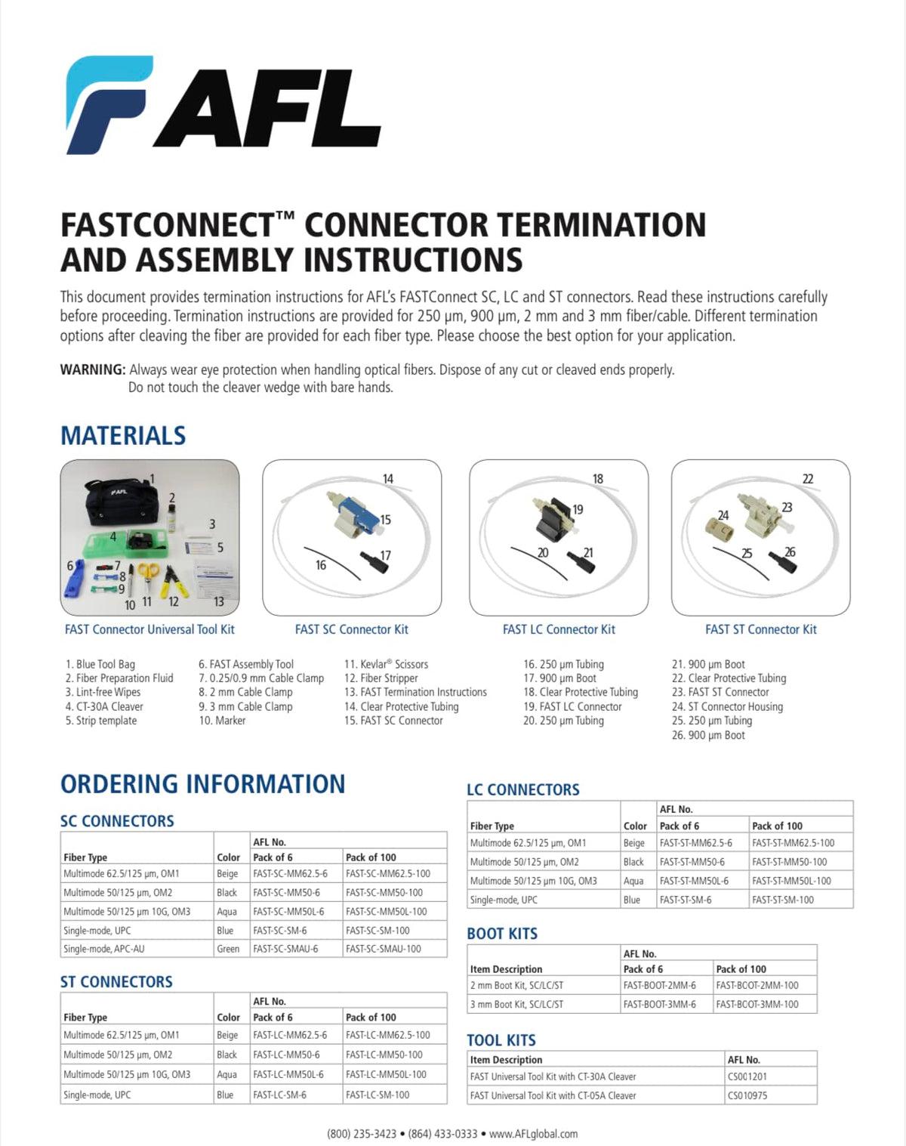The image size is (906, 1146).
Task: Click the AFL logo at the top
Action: coord(223,106)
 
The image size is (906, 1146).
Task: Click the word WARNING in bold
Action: coord(93,370)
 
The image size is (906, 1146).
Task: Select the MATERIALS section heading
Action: coord(123,436)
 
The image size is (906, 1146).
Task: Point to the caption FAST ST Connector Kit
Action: coord(760,629)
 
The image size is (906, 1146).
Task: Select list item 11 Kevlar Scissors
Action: coord(387,664)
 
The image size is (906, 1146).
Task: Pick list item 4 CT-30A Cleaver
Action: coord(104,706)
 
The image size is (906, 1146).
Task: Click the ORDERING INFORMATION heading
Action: coord(202,784)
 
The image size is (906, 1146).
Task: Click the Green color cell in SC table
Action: coord(228,949)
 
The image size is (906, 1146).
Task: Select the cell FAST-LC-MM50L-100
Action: coord(386,1074)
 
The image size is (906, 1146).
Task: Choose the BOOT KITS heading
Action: coord(502,934)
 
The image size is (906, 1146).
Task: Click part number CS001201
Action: coord(747,1076)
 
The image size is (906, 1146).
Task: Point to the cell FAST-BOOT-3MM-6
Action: coord(659,1004)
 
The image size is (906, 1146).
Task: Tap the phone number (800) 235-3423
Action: coord(362,1134)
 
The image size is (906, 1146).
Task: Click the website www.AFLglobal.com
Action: coord(533,1134)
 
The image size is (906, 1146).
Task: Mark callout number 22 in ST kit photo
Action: coord(808,479)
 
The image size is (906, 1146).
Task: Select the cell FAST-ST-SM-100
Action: coord(783,900)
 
